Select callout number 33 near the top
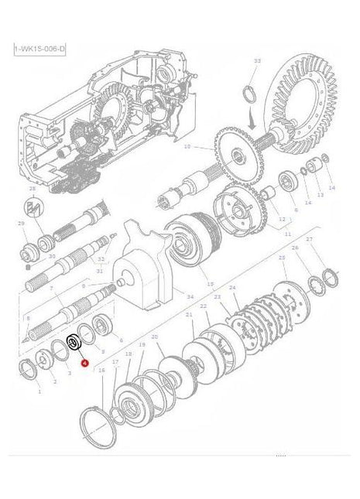[258, 60]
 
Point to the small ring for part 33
[250, 94]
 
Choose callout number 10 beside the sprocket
[186, 145]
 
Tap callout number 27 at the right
[309, 239]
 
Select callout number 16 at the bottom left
[101, 371]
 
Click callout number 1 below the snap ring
[39, 392]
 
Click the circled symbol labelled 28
[33, 207]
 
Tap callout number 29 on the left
[22, 223]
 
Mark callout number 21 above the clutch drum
[189, 315]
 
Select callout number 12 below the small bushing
[281, 220]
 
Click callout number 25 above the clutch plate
[282, 258]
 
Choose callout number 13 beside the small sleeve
[321, 195]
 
